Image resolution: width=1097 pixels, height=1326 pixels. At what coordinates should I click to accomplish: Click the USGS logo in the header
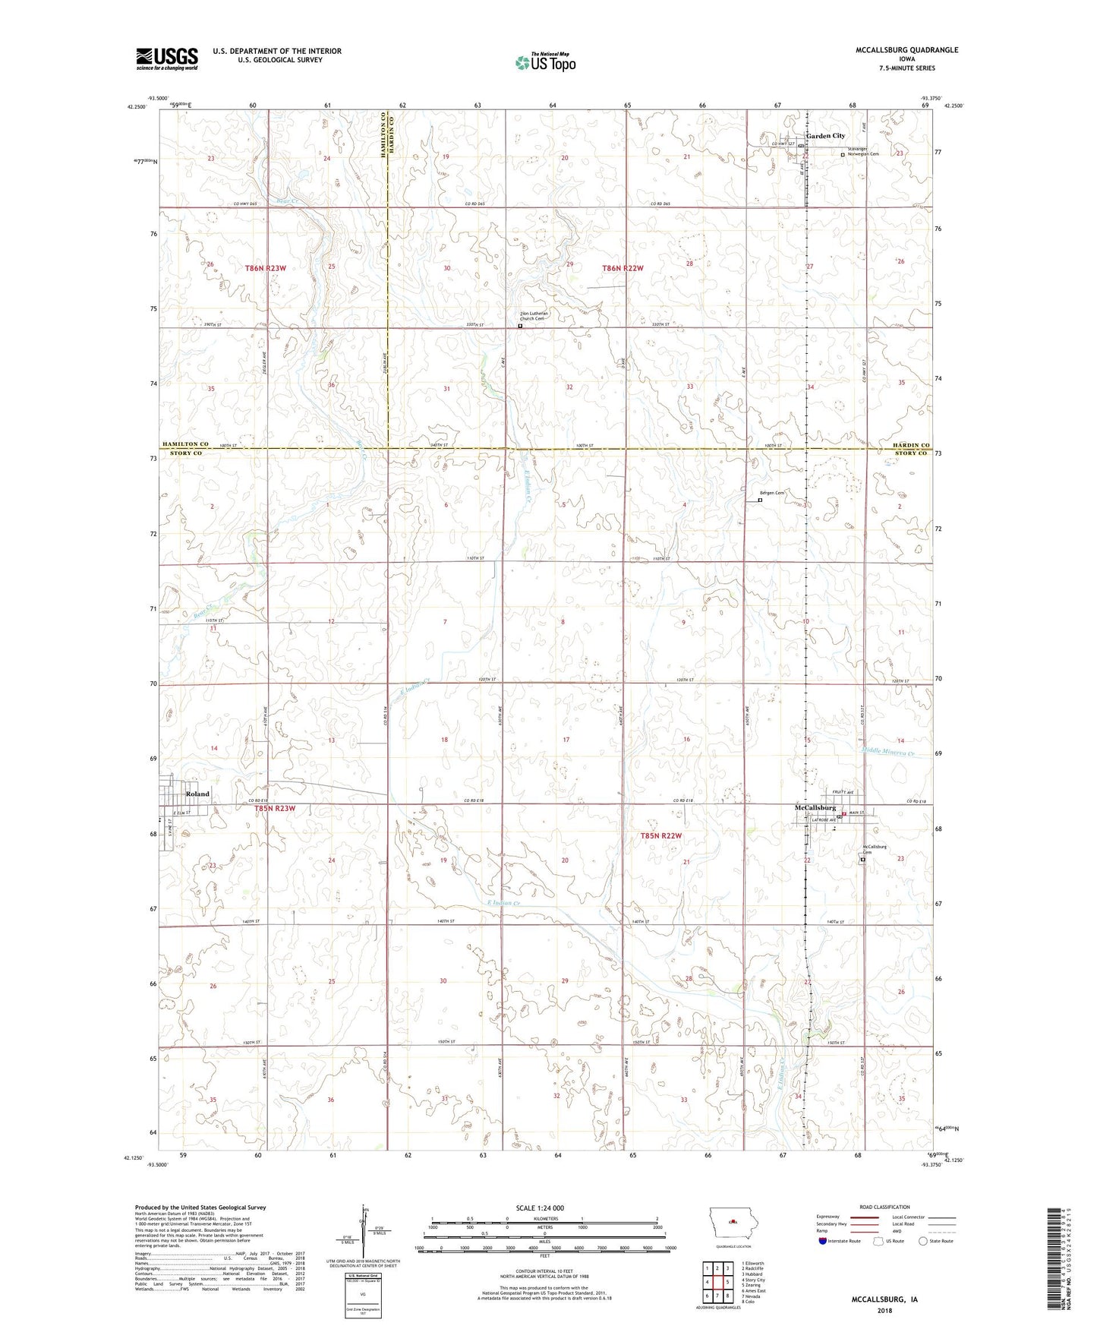point(166,58)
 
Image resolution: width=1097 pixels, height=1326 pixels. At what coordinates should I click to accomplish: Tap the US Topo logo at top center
point(545,62)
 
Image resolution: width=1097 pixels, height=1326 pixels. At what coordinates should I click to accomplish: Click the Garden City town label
point(825,136)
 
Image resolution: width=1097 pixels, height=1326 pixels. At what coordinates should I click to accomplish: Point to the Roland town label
point(197,794)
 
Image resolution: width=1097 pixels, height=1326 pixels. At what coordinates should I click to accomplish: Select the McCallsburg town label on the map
point(815,807)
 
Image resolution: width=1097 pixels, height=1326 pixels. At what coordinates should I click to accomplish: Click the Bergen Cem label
point(772,493)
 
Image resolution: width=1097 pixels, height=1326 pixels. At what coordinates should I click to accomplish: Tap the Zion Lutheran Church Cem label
point(534,316)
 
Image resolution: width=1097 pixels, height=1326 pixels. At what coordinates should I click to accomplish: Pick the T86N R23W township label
point(266,268)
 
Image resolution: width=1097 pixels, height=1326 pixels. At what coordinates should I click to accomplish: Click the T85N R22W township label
point(661,835)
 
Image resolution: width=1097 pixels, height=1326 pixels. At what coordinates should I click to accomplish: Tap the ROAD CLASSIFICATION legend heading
point(886,1207)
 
